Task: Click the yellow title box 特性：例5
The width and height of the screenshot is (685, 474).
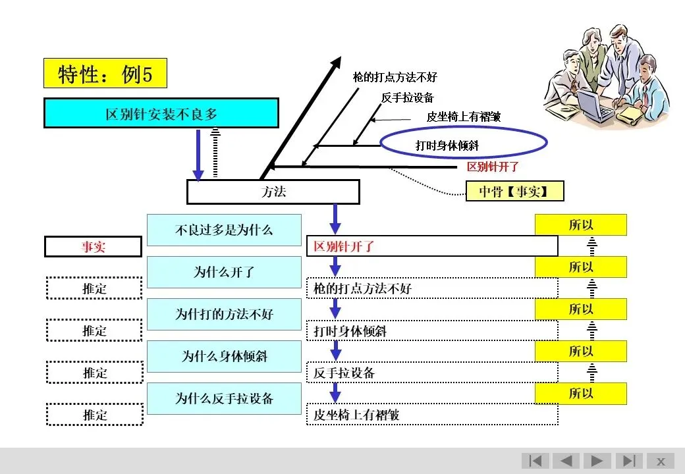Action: coord(105,73)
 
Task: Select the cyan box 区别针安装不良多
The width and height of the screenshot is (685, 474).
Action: coord(161,113)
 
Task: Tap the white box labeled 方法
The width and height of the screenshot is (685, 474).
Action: coord(273,192)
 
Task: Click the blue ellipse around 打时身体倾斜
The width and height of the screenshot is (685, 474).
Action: coord(464,127)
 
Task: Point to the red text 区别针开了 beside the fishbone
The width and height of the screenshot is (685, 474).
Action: coord(493,167)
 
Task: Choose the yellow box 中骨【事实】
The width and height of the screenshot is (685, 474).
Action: coord(514,191)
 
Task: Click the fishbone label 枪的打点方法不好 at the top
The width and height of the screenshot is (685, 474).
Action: coord(395,77)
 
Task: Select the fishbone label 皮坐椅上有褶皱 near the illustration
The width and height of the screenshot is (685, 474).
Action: coord(464,117)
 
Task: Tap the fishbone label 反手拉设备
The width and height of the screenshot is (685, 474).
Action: coord(407,97)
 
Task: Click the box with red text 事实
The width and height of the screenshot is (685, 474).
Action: coord(93,247)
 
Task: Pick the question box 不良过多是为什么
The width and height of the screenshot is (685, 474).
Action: coord(224,230)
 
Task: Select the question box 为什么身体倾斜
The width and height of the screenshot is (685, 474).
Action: coord(224,356)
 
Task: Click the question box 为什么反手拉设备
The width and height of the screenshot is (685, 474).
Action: coord(224,398)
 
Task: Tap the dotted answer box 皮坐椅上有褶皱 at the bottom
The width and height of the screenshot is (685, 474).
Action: coord(432,415)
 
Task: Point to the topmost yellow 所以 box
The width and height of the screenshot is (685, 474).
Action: coord(580,224)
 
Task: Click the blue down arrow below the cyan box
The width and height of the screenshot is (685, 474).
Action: coord(198,155)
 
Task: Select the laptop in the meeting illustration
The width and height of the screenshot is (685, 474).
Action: coord(594,104)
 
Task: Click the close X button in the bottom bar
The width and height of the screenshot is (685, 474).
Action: coord(661,461)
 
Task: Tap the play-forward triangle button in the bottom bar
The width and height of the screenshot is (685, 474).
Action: coord(597,461)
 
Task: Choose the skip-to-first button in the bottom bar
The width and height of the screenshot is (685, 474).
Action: coord(535,461)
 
